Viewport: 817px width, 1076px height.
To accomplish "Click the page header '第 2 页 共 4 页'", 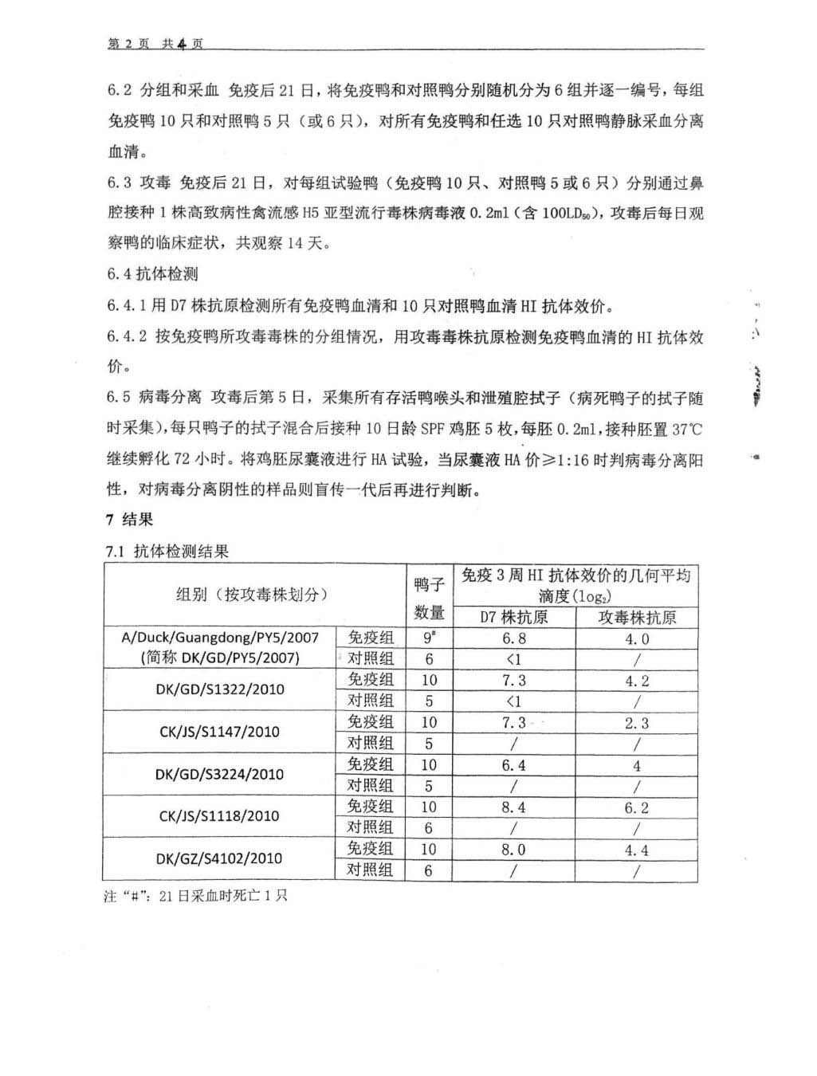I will (155, 45).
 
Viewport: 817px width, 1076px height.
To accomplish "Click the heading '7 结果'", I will (129, 520).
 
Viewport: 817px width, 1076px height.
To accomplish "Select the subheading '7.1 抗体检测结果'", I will (167, 551).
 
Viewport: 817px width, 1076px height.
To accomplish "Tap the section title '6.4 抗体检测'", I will (152, 274).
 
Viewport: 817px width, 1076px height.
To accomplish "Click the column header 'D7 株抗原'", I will (513, 617).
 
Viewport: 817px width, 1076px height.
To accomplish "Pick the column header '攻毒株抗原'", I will (637, 617).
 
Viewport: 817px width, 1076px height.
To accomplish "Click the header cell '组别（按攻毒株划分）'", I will (253, 595).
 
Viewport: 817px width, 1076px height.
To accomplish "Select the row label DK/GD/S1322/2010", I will (219, 689).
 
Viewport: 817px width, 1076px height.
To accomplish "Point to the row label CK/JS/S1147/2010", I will (219, 732).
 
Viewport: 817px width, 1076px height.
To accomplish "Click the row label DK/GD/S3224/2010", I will (219, 774).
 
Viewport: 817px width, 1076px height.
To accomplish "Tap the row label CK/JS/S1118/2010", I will (219, 816).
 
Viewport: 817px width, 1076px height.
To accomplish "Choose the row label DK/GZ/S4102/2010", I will (219, 858).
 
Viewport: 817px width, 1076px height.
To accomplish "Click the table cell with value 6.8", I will (513, 638).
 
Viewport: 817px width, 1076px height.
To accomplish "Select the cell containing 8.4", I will (513, 807).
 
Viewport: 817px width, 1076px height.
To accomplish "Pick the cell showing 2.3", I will (636, 723).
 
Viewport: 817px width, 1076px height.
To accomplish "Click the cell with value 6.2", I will (636, 807).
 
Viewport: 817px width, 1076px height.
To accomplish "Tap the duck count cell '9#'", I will (429, 638).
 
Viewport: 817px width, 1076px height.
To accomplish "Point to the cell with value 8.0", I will (513, 850).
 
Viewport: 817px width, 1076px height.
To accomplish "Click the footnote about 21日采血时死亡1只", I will (196, 896).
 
